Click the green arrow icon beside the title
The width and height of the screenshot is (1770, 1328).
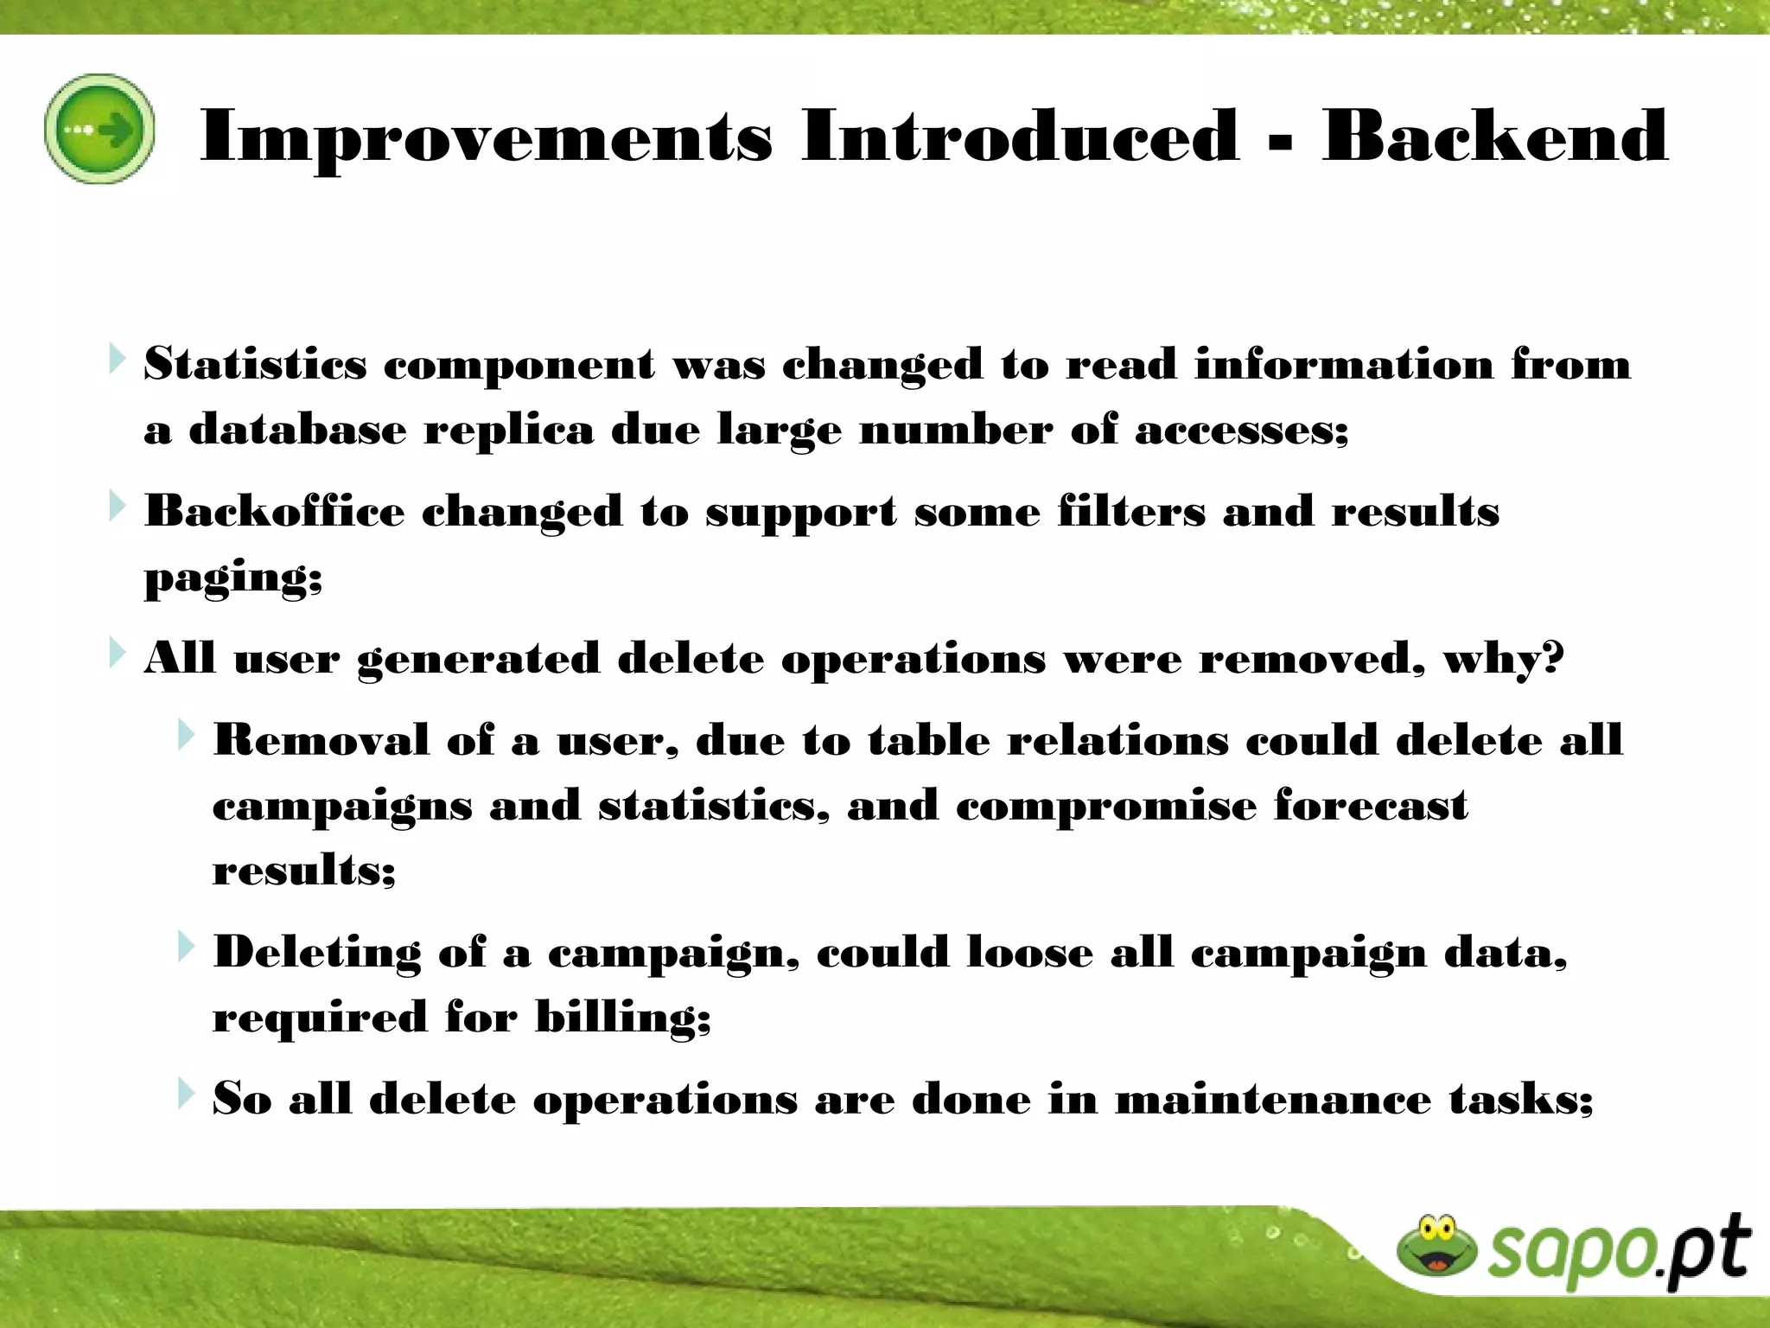tap(99, 129)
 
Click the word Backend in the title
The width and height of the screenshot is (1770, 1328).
tap(1494, 136)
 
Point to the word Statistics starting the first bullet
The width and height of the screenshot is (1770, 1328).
tap(255, 364)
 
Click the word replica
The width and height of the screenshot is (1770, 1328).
tap(508, 430)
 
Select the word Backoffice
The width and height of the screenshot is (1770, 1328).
tap(274, 511)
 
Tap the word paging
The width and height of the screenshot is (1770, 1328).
tap(232, 578)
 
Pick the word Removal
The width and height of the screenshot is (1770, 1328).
tap(321, 741)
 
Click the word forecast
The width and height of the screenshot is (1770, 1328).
tap(1370, 806)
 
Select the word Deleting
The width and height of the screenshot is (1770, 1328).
tap(316, 953)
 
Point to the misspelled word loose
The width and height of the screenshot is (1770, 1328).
tap(1029, 953)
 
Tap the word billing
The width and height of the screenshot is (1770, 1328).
tap(621, 1018)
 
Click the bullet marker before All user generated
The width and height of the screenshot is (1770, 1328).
tap(118, 654)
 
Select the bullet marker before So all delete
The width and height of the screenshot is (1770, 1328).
tap(186, 1095)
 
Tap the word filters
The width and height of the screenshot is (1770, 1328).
tap(1131, 511)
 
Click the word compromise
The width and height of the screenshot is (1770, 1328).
tap(1106, 806)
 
